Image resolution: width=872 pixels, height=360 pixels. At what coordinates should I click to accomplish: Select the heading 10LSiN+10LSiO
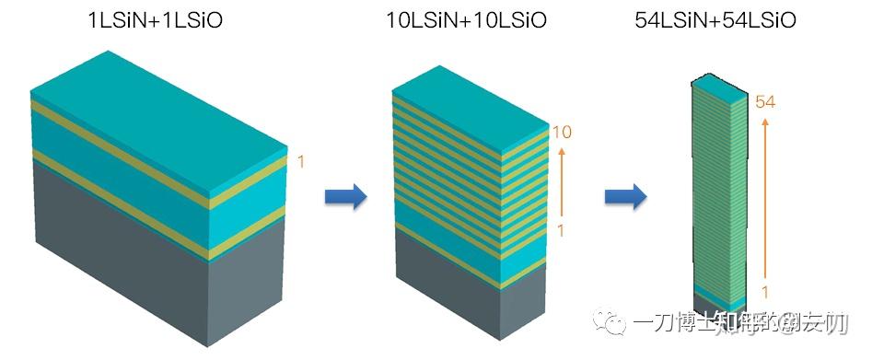coord(466,19)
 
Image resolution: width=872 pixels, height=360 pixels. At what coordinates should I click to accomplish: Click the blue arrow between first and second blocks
coord(346,196)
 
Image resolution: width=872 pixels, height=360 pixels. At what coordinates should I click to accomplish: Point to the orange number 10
coord(561,133)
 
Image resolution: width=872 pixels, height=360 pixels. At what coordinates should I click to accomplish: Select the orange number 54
coord(765,102)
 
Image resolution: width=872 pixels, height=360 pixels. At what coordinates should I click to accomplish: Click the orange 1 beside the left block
coord(300,161)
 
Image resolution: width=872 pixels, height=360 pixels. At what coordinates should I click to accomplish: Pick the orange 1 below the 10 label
coord(560,229)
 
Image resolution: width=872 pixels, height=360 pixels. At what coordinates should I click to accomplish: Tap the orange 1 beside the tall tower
coord(763,292)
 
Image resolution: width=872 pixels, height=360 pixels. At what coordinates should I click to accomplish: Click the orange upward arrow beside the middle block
coord(561,180)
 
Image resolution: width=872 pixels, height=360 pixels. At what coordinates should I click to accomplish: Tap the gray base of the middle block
coord(460,308)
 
